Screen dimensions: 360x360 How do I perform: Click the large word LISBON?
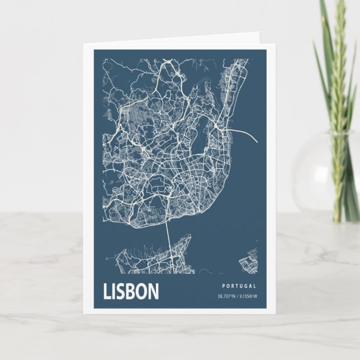pyautogui.click(x=131, y=291)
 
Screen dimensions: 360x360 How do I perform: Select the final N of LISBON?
pyautogui.click(x=153, y=291)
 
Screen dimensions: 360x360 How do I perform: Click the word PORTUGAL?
pyautogui.click(x=239, y=286)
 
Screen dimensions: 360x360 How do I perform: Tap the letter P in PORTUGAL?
pyautogui.click(x=223, y=286)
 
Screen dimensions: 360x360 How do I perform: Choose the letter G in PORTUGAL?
pyautogui.click(x=246, y=286)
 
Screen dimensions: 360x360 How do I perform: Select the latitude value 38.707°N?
pyautogui.click(x=227, y=296)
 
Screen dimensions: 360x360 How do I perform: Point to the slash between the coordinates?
pyautogui.click(x=238, y=296)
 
